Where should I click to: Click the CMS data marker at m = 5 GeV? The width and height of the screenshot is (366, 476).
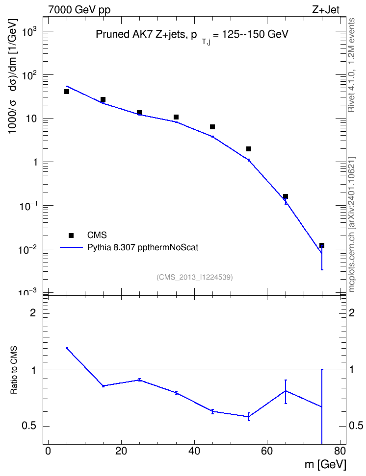[67, 92]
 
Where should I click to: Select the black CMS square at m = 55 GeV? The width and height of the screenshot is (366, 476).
[249, 149]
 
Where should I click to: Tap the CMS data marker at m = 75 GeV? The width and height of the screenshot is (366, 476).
[321, 245]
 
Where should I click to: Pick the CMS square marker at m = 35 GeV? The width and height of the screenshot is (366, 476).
[176, 117]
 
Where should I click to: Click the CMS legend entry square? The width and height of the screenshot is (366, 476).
[71, 235]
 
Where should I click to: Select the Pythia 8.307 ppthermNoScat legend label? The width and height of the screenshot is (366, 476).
[143, 247]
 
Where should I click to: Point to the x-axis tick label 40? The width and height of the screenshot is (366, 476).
[194, 451]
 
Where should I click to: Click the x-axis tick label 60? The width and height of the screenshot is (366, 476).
[267, 451]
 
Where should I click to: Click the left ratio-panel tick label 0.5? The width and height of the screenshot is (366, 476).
[28, 426]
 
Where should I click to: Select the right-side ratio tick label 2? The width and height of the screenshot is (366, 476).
[352, 312]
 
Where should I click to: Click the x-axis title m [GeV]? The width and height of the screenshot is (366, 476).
[325, 464]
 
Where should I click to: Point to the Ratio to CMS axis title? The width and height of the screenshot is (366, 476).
[14, 370]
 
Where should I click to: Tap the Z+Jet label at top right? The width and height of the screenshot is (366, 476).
[326, 10]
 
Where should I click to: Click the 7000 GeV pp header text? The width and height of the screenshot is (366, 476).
[79, 10]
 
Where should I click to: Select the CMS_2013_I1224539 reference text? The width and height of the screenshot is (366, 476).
[195, 277]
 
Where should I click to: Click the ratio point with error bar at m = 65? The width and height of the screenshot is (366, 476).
[286, 391]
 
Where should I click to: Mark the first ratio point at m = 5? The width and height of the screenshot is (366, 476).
[67, 348]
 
